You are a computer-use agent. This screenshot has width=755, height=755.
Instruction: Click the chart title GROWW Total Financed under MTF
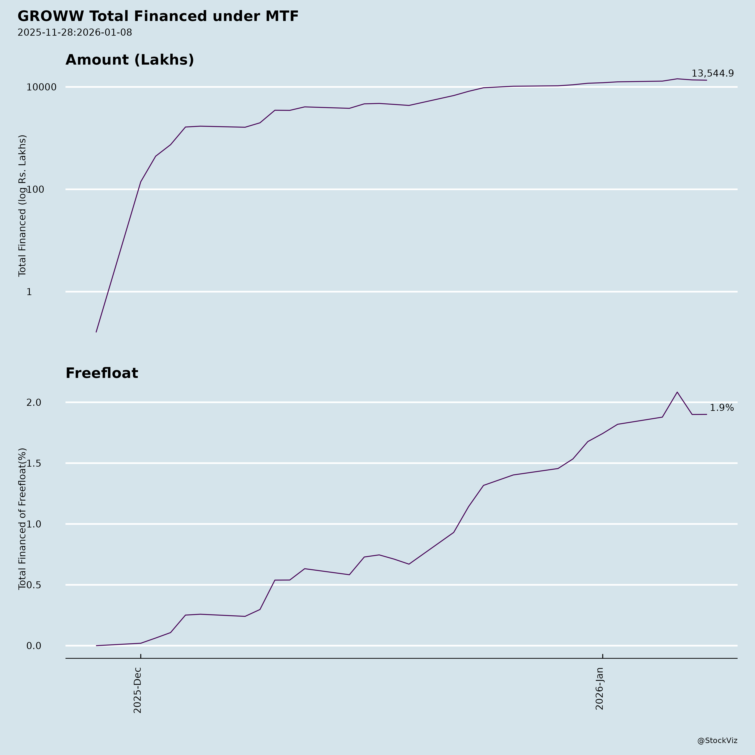158,16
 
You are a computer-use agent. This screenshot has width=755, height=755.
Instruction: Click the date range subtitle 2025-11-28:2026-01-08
75,33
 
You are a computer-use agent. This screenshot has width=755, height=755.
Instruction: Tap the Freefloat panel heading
102,373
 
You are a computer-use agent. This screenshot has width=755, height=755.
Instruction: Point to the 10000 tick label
42,87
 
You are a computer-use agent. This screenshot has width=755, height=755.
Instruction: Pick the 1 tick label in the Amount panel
29,292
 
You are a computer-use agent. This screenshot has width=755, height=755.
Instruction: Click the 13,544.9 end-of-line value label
712,73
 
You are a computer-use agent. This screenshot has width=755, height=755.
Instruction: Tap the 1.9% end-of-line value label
721,408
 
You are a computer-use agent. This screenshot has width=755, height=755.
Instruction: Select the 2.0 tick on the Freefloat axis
34,402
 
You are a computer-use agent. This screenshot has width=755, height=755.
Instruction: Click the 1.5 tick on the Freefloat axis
34,463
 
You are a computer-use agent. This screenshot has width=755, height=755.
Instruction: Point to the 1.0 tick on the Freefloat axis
34,524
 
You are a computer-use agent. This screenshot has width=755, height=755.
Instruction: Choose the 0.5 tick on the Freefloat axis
34,585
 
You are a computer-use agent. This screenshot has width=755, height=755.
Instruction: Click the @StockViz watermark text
717,741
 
